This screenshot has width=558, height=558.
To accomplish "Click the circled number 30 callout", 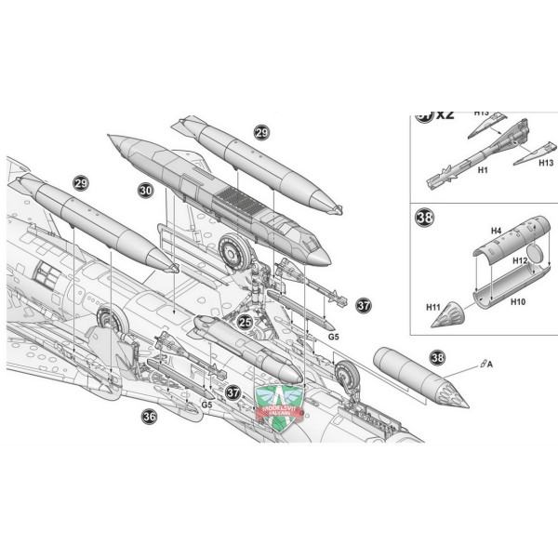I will (145, 190).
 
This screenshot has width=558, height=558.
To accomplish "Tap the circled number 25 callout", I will (245, 322).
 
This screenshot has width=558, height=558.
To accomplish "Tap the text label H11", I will (433, 306).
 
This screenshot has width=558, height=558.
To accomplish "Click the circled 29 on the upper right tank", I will (261, 134).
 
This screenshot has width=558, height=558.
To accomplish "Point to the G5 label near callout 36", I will (206, 405).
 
